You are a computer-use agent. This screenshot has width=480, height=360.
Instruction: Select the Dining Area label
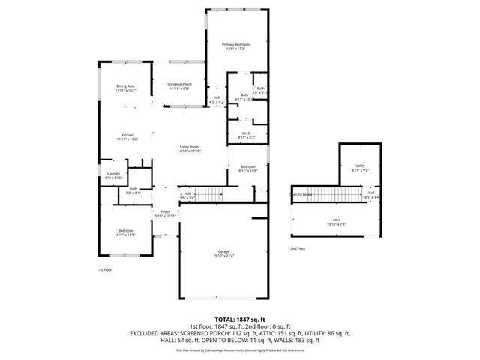[125, 88]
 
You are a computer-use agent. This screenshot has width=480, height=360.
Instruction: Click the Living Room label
[188, 148]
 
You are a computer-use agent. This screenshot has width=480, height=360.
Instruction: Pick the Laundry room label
[103, 175]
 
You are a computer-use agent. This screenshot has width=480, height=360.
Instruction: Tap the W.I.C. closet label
[246, 135]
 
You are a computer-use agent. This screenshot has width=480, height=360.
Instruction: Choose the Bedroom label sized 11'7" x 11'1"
[125, 232]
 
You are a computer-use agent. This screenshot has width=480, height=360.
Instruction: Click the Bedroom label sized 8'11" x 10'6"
[248, 169]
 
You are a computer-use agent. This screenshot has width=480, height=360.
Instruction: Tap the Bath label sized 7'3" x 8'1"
[133, 192]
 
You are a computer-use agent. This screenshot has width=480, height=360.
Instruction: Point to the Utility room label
[360, 167]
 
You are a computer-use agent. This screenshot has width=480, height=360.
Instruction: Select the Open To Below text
[301, 194]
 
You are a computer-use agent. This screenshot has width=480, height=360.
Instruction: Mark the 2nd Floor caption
[298, 248]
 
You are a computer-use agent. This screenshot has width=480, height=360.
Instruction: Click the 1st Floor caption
[104, 269]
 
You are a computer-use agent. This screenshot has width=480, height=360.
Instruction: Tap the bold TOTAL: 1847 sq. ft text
[241, 319]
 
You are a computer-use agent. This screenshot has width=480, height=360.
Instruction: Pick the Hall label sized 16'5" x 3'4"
[370, 194]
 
